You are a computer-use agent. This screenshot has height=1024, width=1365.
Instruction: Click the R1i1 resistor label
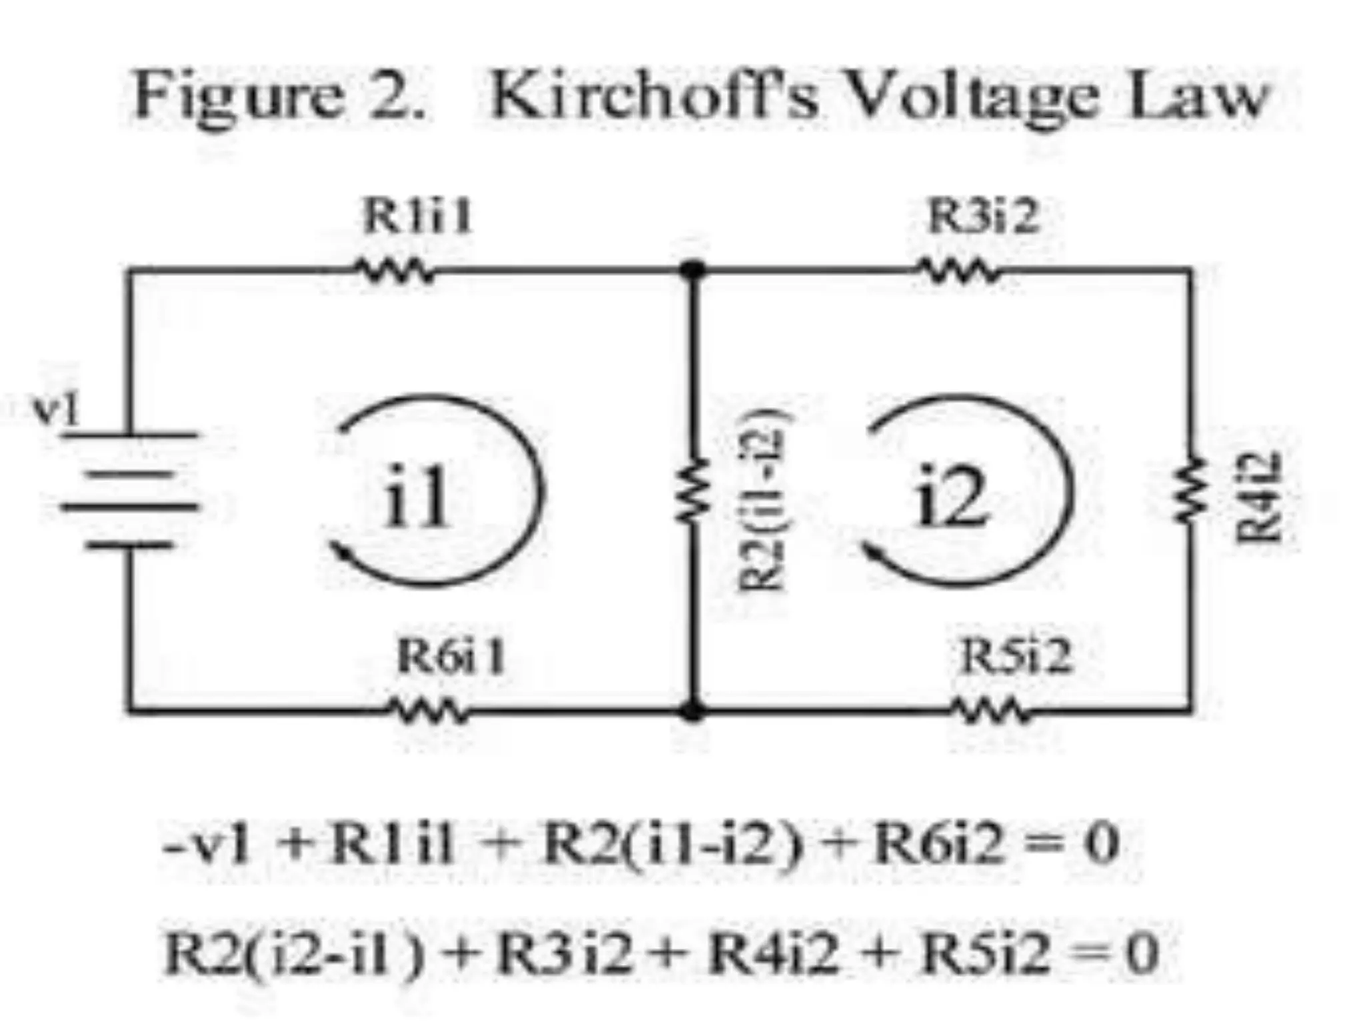coord(417,217)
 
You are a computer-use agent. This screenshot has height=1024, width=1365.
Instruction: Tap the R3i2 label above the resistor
coord(983,217)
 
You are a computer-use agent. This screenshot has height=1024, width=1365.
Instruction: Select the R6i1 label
coord(451,657)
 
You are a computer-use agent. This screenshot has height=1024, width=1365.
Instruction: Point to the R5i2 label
coord(1016,657)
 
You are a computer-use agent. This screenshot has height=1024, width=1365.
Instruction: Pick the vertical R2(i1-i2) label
coord(760,500)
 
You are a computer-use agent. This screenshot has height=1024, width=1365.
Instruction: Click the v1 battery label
coord(57,410)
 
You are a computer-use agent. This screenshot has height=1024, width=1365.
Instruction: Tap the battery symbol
coord(130,490)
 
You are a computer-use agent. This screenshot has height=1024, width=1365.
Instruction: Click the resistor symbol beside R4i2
coord(1191,490)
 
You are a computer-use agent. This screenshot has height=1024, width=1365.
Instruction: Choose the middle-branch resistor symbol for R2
coord(693,490)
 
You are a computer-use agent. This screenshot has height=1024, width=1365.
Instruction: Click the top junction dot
coord(692,270)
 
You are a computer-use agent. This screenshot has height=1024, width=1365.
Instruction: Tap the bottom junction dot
coord(692,711)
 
